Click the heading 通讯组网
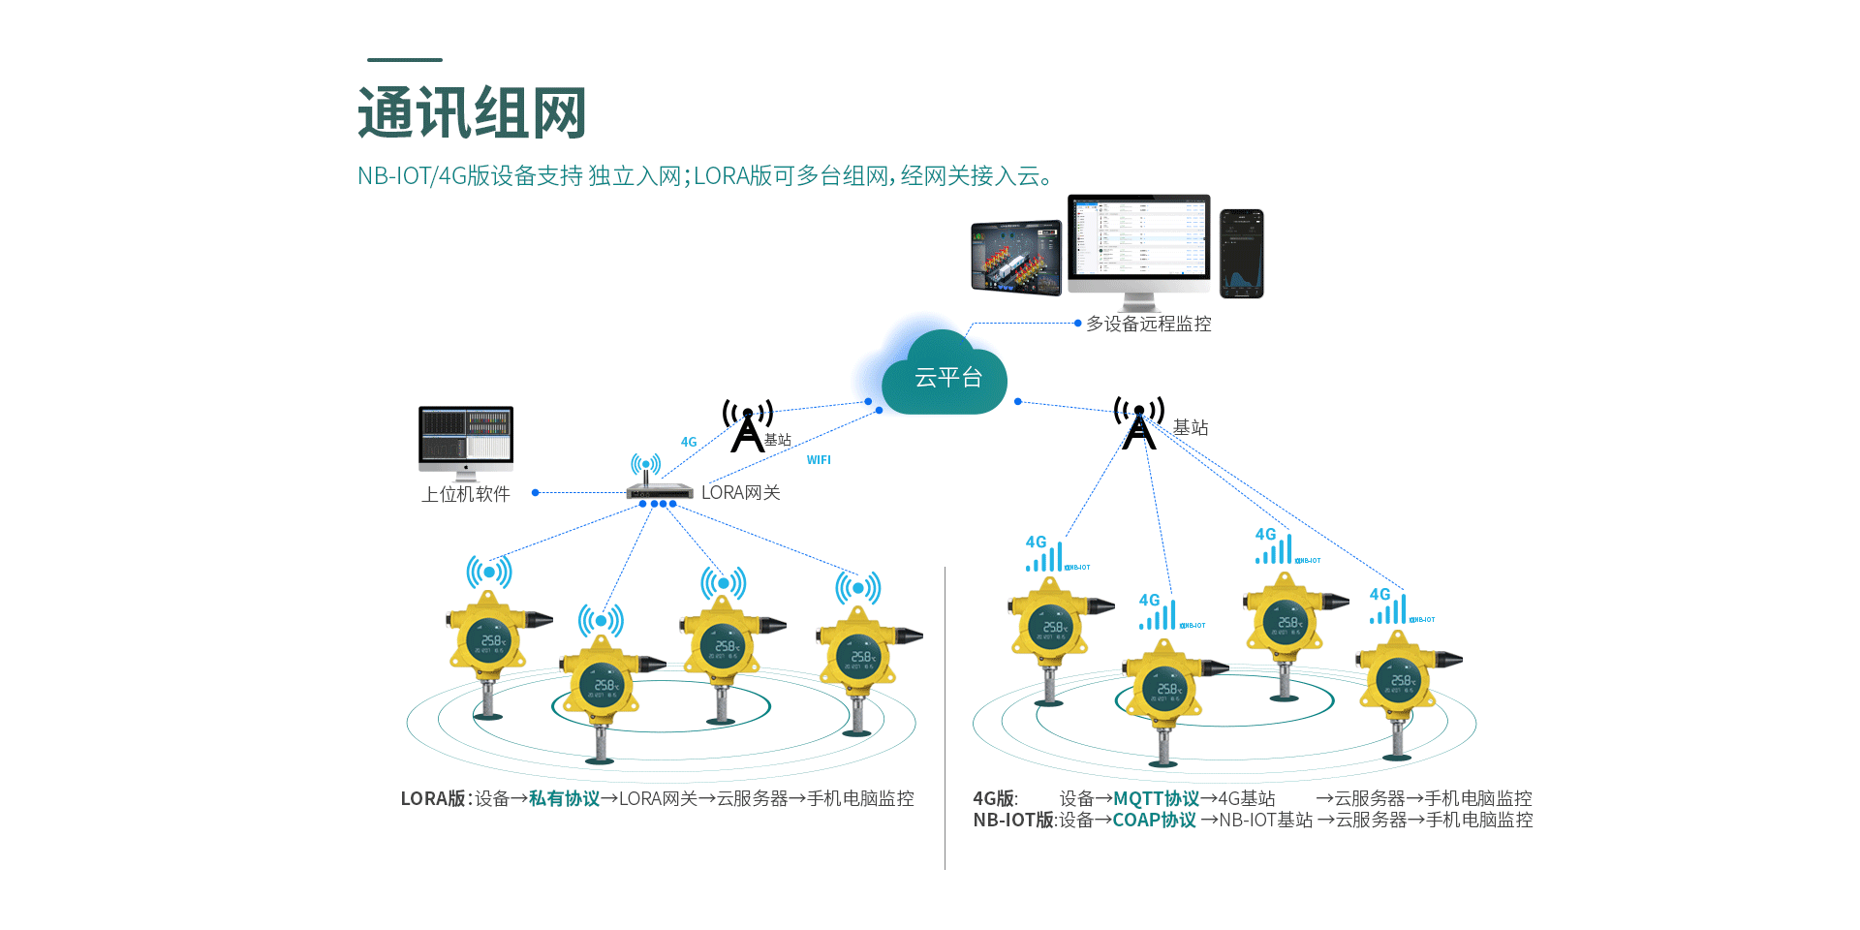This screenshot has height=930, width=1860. [x=472, y=113]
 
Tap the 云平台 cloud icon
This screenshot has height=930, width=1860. [x=945, y=376]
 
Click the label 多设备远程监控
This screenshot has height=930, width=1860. [x=1148, y=324]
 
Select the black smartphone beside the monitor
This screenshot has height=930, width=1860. [x=1241, y=253]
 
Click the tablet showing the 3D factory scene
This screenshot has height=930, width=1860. [x=1016, y=257]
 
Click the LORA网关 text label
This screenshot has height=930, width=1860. [x=740, y=492]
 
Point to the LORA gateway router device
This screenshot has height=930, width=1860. [x=659, y=489]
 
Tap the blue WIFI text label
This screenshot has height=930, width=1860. [x=819, y=460]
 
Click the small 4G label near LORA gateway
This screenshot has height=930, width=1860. [x=689, y=442]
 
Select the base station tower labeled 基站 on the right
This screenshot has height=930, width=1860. [x=1139, y=424]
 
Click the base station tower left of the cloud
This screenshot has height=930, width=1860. [x=747, y=426]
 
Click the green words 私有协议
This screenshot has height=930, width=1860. [x=564, y=798]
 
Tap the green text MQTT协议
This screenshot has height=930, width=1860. [x=1156, y=798]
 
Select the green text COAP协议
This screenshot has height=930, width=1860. [x=1154, y=820]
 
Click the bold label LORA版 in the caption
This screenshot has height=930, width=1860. [x=433, y=798]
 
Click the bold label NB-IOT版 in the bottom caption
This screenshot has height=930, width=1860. [x=1013, y=820]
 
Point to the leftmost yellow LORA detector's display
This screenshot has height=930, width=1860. [x=489, y=639]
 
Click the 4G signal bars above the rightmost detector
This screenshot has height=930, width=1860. [x=1389, y=607]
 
